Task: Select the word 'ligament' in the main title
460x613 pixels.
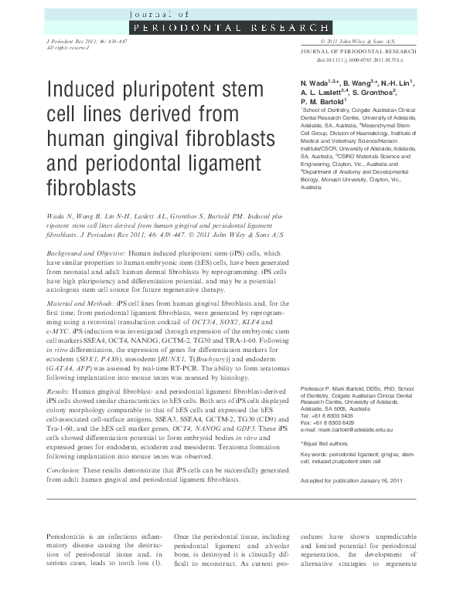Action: [x=227, y=164]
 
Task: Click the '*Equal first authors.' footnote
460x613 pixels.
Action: [x=328, y=444]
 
